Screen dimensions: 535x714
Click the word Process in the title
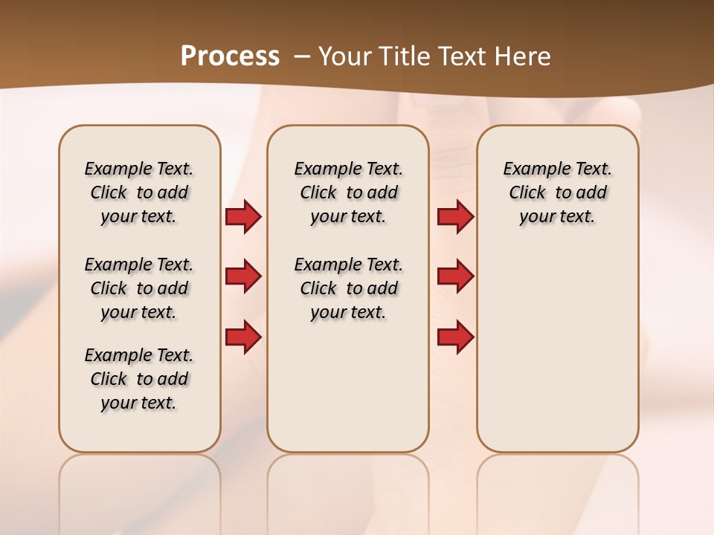point(230,56)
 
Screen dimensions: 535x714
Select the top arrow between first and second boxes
point(243,217)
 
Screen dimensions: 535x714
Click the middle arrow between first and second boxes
point(243,276)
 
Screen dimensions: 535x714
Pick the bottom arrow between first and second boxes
point(243,337)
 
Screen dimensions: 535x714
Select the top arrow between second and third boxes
point(455,217)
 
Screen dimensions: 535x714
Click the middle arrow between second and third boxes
point(455,276)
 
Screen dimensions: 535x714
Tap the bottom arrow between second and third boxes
point(455,337)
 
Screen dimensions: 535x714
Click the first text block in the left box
point(139,192)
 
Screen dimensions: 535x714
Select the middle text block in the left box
point(139,288)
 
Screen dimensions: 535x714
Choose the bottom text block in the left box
point(139,379)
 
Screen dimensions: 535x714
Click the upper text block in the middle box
point(348,192)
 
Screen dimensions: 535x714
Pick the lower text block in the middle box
point(348,288)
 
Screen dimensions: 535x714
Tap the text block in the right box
point(557,192)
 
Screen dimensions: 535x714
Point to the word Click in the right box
point(527,192)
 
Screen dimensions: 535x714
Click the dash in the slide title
point(302,56)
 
